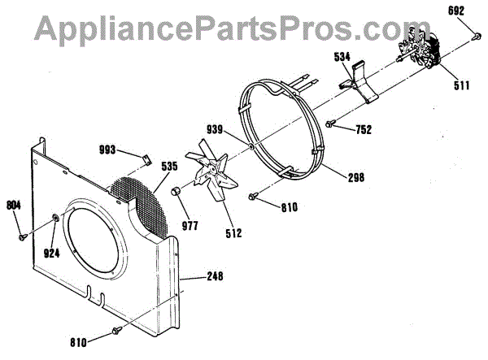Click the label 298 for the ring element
[x=355, y=177]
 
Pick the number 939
[x=237, y=129]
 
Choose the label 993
[x=129, y=150]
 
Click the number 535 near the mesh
[x=169, y=167]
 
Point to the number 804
[x=14, y=205]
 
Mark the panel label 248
[x=214, y=277]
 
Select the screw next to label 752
[x=331, y=124]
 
